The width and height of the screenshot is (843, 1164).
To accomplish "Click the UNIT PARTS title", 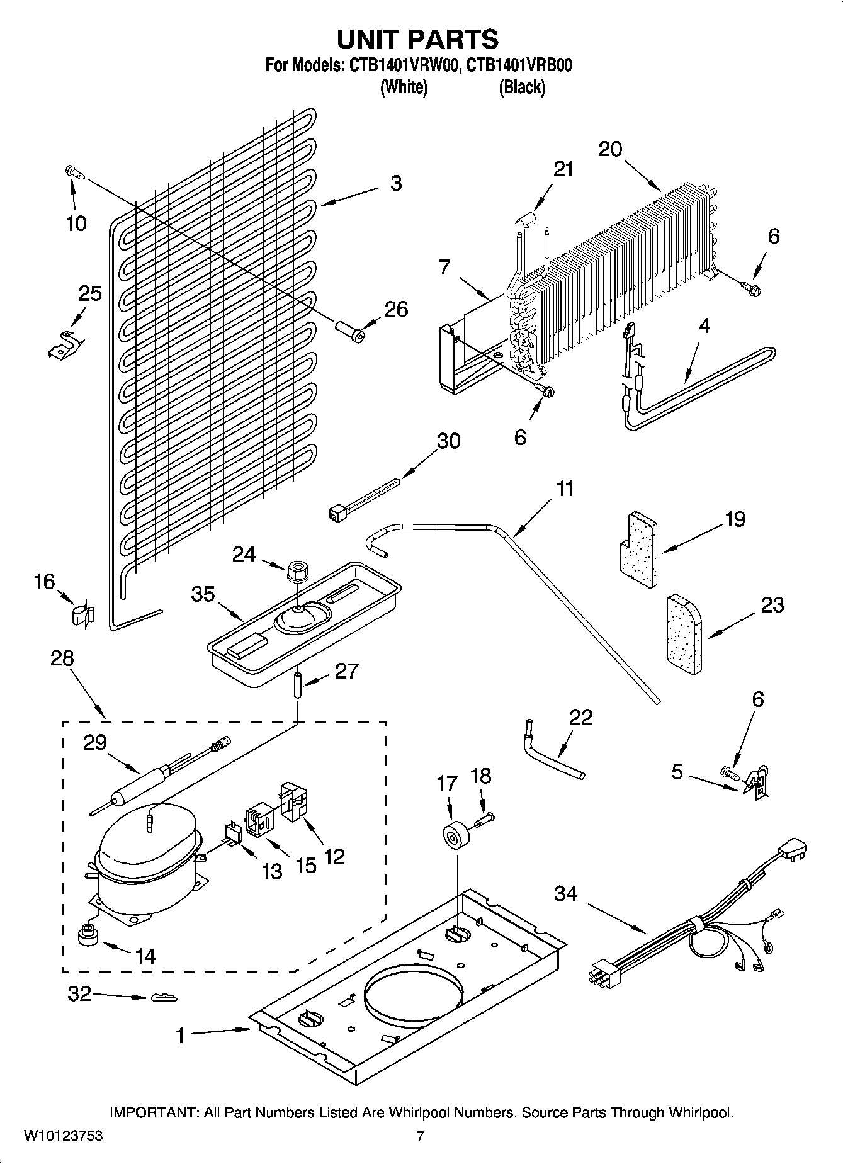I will point(418,39).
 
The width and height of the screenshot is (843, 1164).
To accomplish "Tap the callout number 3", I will point(395,183).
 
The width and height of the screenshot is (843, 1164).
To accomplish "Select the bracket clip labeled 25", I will point(65,345).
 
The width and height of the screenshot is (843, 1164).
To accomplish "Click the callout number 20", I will point(610,149).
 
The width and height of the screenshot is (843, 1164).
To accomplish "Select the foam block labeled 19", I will point(636,550).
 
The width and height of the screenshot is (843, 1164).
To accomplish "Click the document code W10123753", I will point(64,1137).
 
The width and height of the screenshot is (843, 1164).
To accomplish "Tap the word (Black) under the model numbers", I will point(521,88).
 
